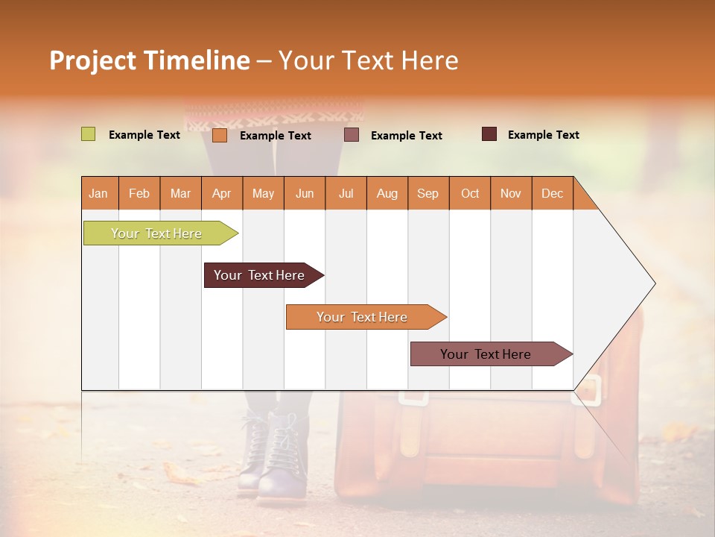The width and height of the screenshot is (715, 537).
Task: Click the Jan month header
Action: click(x=98, y=193)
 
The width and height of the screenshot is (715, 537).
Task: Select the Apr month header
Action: click(x=221, y=193)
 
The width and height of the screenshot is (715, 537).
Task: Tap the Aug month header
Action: click(x=387, y=193)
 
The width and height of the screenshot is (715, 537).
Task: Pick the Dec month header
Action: click(x=552, y=193)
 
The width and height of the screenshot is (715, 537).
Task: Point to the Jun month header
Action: click(x=304, y=193)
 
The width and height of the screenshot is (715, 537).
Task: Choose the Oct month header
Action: click(x=469, y=193)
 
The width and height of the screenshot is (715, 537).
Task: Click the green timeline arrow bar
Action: click(x=156, y=233)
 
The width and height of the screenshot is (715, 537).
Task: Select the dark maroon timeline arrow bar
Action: click(x=259, y=275)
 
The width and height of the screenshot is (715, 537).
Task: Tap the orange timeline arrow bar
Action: click(x=362, y=317)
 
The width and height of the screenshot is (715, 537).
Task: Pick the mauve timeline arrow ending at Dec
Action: click(x=486, y=354)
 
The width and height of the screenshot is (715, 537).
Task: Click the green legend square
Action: click(x=88, y=134)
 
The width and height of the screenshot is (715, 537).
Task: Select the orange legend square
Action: click(x=219, y=135)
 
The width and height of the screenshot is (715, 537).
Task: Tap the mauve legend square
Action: click(x=352, y=134)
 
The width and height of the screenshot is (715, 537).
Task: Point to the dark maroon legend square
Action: click(x=489, y=134)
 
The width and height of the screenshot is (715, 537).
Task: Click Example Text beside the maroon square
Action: click(x=543, y=135)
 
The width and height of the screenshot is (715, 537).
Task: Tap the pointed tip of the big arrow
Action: click(x=652, y=283)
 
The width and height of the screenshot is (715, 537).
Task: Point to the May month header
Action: click(x=263, y=193)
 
